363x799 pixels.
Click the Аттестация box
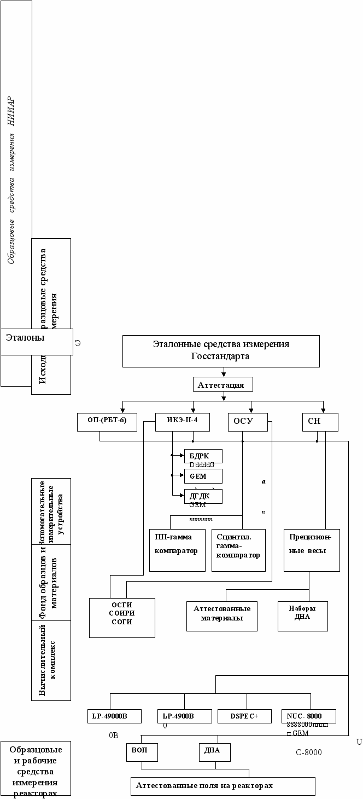tap(223, 384)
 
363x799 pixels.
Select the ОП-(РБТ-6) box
tap(107, 422)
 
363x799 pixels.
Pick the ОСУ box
tap(248, 422)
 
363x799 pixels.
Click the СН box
tap(320, 422)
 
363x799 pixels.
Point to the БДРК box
tap(203, 456)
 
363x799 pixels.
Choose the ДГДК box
tap(203, 496)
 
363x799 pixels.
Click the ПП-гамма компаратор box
tap(177, 550)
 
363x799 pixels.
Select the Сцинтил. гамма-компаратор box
tap(238, 550)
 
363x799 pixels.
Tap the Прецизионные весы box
tap(312, 550)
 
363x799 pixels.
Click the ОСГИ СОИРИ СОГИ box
tap(122, 617)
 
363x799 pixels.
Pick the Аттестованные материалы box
tap(221, 616)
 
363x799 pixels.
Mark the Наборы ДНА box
tap(302, 616)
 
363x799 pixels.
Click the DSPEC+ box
tap(244, 716)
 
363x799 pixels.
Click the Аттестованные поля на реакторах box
tap(223, 786)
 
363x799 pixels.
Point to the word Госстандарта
tap(220, 357)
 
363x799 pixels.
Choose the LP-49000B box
tap(114, 716)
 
